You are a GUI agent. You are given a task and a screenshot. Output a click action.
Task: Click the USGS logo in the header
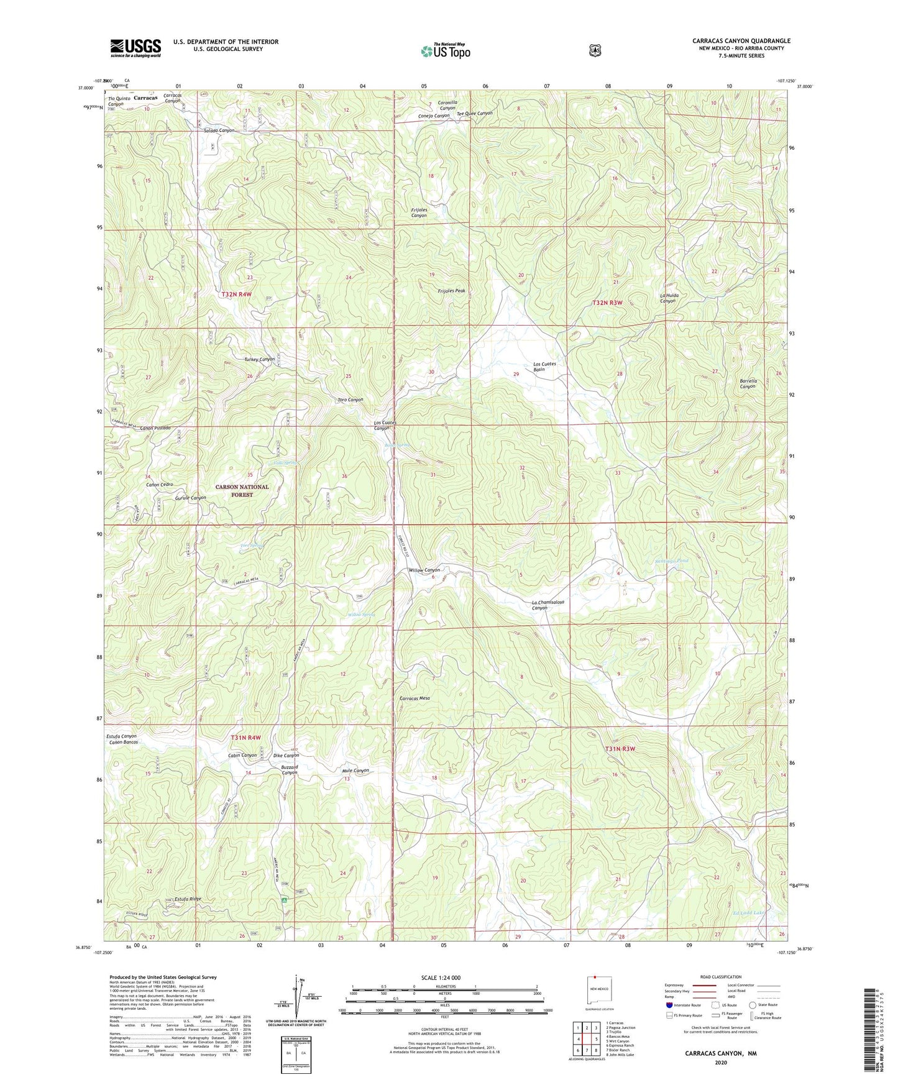click(x=135, y=48)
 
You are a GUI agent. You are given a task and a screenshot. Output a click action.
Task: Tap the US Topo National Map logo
click(x=446, y=50)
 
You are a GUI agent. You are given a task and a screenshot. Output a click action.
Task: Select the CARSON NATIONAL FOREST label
click(x=242, y=491)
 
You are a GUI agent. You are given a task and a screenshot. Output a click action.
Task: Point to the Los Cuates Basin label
click(x=544, y=366)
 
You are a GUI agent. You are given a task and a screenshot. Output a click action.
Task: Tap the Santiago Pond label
click(x=671, y=561)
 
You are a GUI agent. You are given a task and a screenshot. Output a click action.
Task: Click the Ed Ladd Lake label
click(x=748, y=913)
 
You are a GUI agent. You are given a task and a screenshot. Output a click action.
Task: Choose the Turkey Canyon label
click(x=259, y=360)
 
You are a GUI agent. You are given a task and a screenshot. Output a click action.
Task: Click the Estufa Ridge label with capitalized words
click(x=188, y=899)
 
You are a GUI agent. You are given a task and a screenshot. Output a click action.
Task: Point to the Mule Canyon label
click(x=355, y=771)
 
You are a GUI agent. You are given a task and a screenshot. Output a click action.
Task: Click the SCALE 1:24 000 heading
click(x=441, y=977)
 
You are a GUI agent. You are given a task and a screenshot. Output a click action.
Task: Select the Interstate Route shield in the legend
click(x=669, y=1005)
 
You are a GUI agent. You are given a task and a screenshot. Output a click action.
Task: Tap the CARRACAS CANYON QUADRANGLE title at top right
click(x=741, y=41)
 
